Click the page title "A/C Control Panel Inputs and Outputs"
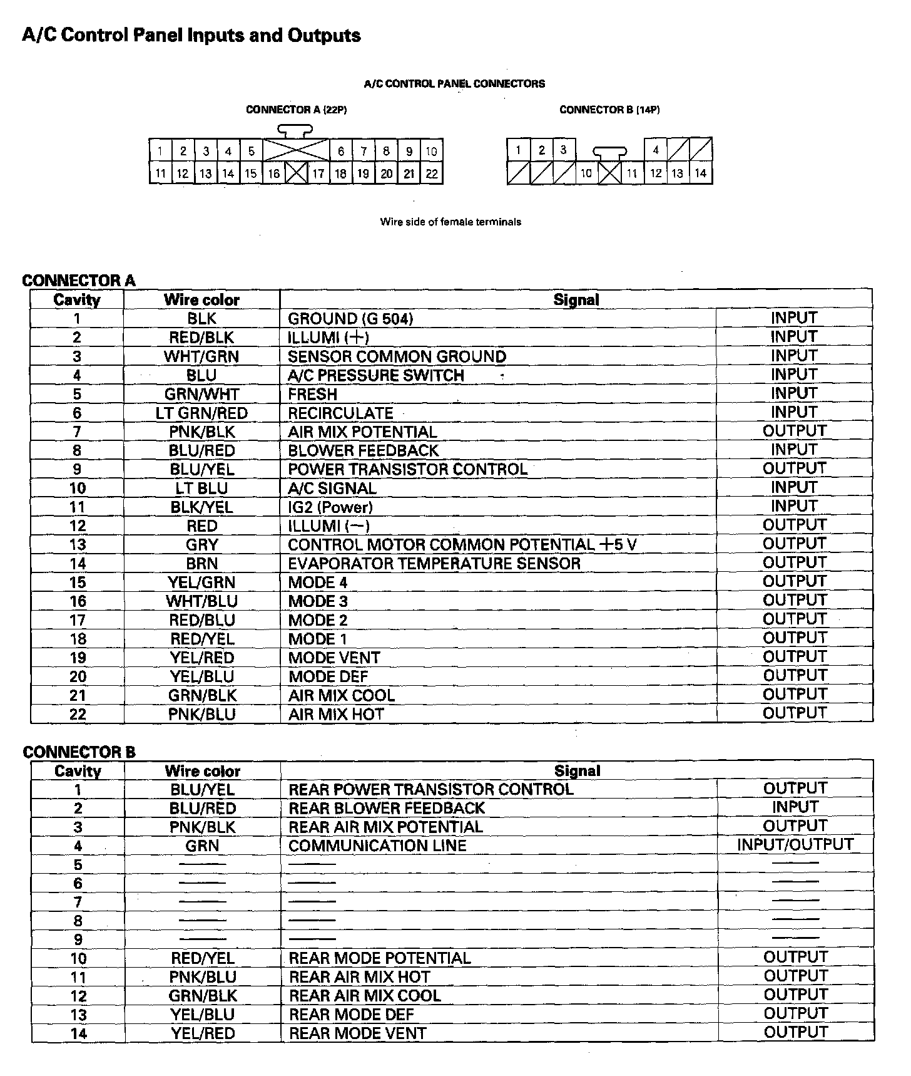click(x=191, y=35)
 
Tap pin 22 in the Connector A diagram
click(x=431, y=173)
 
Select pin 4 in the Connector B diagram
click(x=655, y=150)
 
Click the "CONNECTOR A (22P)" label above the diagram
click(x=296, y=110)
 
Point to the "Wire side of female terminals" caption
click(x=450, y=222)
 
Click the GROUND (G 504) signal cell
click(x=350, y=319)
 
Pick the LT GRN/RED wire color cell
click(x=201, y=413)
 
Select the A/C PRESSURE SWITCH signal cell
click(x=375, y=376)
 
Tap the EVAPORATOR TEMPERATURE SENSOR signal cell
click(x=434, y=564)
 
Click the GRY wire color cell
click(x=201, y=545)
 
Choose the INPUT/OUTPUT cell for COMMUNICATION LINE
click(x=795, y=845)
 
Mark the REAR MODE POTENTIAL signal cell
click(x=379, y=958)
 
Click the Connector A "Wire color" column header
click(x=201, y=300)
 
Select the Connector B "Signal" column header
click(x=577, y=771)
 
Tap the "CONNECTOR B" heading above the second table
click(x=79, y=752)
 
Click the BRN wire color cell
click(x=201, y=564)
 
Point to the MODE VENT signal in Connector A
click(x=333, y=658)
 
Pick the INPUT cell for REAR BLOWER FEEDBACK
click(x=795, y=807)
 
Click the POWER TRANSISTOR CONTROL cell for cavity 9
click(x=407, y=469)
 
